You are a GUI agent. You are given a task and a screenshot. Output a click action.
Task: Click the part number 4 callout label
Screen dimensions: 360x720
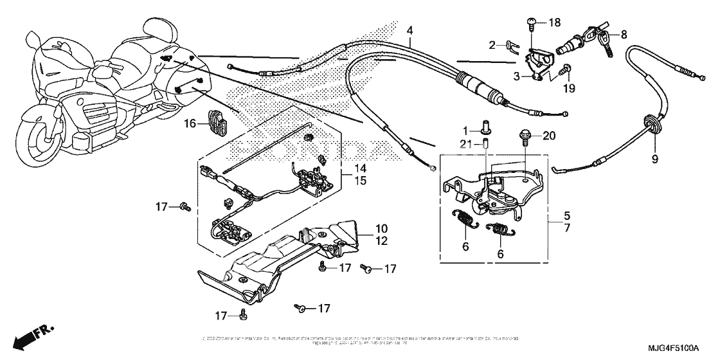click(410, 30)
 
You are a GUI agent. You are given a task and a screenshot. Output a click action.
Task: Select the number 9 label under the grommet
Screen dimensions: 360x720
click(655, 159)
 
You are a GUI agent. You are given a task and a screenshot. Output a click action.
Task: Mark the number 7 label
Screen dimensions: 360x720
click(566, 230)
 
